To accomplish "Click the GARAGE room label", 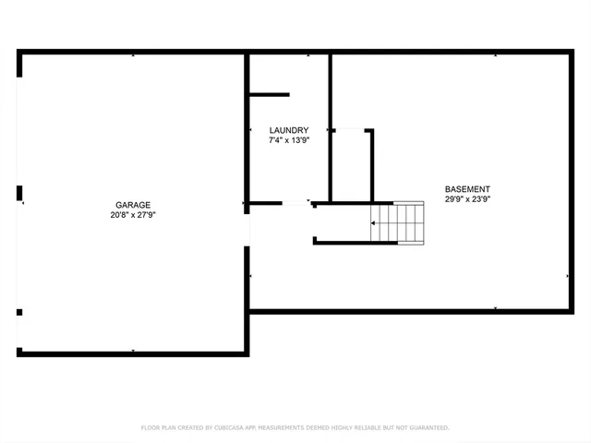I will pyautogui.click(x=132, y=205).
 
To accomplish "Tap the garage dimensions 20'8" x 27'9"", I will pyautogui.click(x=132, y=215).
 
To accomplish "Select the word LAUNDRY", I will pyautogui.click(x=288, y=130).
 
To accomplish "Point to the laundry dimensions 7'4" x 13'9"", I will pyautogui.click(x=288, y=141).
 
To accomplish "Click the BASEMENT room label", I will pyautogui.click(x=467, y=188).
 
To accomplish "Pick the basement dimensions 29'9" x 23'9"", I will pyautogui.click(x=467, y=198).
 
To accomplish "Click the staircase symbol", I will pyautogui.click(x=398, y=222).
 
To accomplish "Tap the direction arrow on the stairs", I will pyautogui.click(x=374, y=222).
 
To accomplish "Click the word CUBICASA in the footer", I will pyautogui.click(x=231, y=428).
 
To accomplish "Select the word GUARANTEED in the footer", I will pyautogui.click(x=427, y=428).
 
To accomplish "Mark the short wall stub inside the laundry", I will pyautogui.click(x=269, y=94).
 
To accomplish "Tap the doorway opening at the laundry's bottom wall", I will pyautogui.click(x=295, y=203).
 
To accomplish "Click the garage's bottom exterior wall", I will pyautogui.click(x=132, y=353).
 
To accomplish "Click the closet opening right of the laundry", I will pyautogui.click(x=350, y=130).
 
